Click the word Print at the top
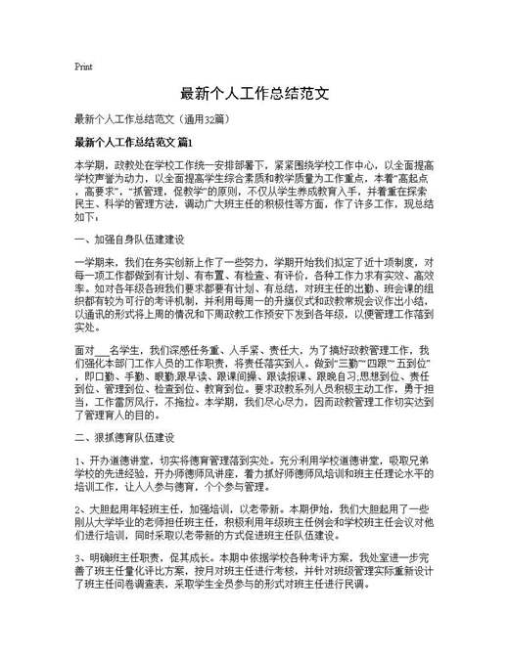[83, 66]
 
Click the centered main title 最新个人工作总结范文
[254, 96]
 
